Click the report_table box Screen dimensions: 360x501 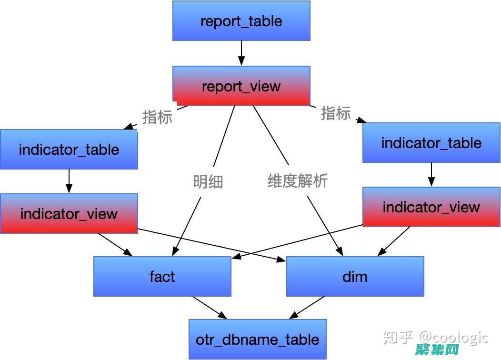[x=241, y=21]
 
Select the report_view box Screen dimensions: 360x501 [x=241, y=86]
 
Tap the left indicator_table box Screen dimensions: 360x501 [x=69, y=150]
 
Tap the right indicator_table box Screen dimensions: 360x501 [x=431, y=143]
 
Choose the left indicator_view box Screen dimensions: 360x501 [x=69, y=213]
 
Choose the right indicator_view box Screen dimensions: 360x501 [x=431, y=207]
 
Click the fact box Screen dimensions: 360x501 [x=162, y=276]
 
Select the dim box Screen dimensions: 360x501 [x=355, y=276]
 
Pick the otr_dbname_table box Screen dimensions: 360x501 [x=257, y=339]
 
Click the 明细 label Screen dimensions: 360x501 [x=208, y=182]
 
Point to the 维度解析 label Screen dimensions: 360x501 [x=298, y=181]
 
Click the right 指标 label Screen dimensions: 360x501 [x=336, y=113]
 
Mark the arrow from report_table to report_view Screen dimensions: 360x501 [x=241, y=53]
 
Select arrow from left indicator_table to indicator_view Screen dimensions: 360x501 [x=69, y=181]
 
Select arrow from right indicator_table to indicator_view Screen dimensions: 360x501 [x=431, y=174]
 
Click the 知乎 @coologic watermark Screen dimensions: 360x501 [x=436, y=338]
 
